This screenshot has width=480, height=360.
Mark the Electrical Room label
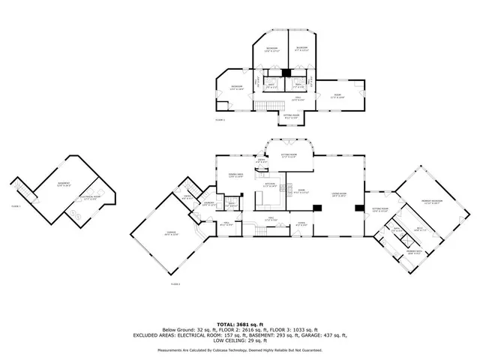pos(93,198)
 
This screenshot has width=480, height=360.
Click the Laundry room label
pos(210,203)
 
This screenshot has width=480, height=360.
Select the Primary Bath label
pos(413,251)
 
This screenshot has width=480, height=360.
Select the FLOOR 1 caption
pos(16,205)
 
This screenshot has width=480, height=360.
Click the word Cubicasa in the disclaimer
pos(226,349)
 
